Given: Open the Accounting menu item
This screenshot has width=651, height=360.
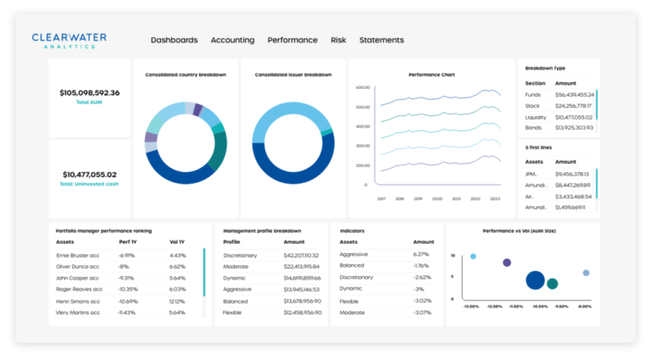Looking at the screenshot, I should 232,40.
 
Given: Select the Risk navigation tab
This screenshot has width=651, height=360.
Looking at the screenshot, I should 338,40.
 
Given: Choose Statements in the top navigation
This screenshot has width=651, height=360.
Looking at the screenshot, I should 381,40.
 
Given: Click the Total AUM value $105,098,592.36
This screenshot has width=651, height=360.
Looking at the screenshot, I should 90,92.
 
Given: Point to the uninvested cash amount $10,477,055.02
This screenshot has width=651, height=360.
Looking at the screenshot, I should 90,174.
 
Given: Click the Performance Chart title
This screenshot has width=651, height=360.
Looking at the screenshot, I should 431,75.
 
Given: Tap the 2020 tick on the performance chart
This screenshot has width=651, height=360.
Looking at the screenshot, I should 437,199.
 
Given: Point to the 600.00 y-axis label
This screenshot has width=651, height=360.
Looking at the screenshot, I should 363,87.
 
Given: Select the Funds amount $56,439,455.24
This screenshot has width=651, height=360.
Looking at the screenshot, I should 574,95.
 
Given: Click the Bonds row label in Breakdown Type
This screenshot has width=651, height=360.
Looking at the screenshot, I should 534,127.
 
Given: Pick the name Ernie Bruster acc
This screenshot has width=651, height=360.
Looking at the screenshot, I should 78,255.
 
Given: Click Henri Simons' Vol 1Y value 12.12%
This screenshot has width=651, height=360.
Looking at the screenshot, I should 177,301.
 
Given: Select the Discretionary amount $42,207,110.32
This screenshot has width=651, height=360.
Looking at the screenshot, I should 301,255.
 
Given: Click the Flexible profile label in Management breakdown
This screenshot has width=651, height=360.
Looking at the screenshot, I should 233,313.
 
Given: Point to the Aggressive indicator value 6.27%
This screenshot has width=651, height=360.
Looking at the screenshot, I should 421,254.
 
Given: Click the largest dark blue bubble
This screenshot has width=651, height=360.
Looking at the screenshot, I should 535,280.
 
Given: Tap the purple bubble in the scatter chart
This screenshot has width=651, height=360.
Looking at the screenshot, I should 507,263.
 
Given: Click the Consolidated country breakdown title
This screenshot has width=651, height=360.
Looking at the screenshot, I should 186,75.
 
